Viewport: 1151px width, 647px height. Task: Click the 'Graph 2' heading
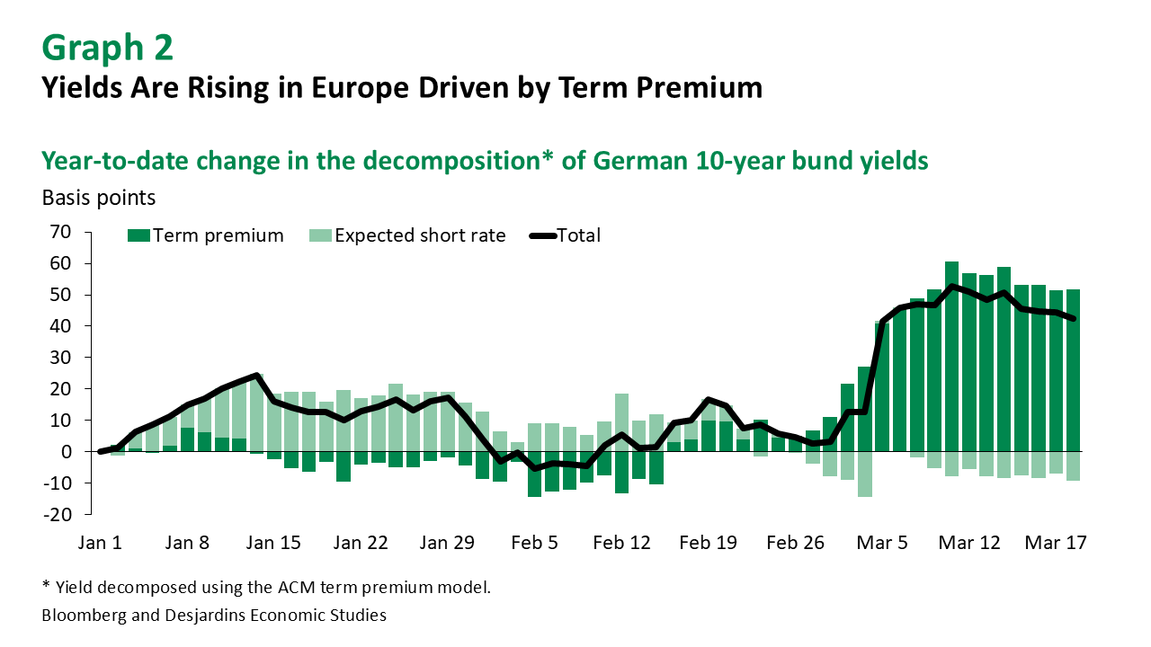pos(107,48)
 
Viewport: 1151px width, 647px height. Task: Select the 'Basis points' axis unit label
pos(99,198)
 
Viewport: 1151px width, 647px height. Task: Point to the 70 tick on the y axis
pos(60,232)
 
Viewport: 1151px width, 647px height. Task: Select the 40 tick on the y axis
pos(60,326)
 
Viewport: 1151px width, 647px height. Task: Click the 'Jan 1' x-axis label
pos(99,543)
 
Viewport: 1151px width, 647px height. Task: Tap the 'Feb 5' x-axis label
pos(534,543)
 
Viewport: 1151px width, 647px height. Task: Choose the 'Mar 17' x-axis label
pos(1056,543)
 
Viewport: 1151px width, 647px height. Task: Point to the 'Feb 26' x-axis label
pos(795,543)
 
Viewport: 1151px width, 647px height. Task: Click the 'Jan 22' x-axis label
pos(360,543)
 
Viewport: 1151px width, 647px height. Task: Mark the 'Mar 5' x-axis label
pos(882,543)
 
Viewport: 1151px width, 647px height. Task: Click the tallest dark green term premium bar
pos(951,359)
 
